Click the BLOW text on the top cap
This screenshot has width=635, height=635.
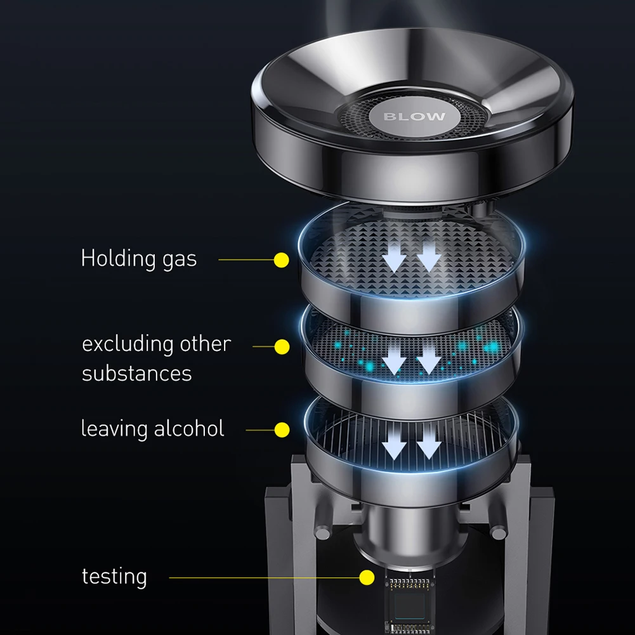[414, 117]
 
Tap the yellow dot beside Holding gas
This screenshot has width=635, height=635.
[282, 260]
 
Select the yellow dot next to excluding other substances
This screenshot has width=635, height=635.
[282, 346]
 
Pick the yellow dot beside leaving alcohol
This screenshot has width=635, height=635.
[282, 429]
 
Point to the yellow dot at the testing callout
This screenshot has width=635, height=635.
[367, 577]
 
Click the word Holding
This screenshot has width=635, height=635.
[118, 259]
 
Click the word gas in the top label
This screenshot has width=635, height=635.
[180, 261]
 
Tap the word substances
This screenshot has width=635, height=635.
[137, 373]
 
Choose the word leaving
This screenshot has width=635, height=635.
[114, 429]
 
